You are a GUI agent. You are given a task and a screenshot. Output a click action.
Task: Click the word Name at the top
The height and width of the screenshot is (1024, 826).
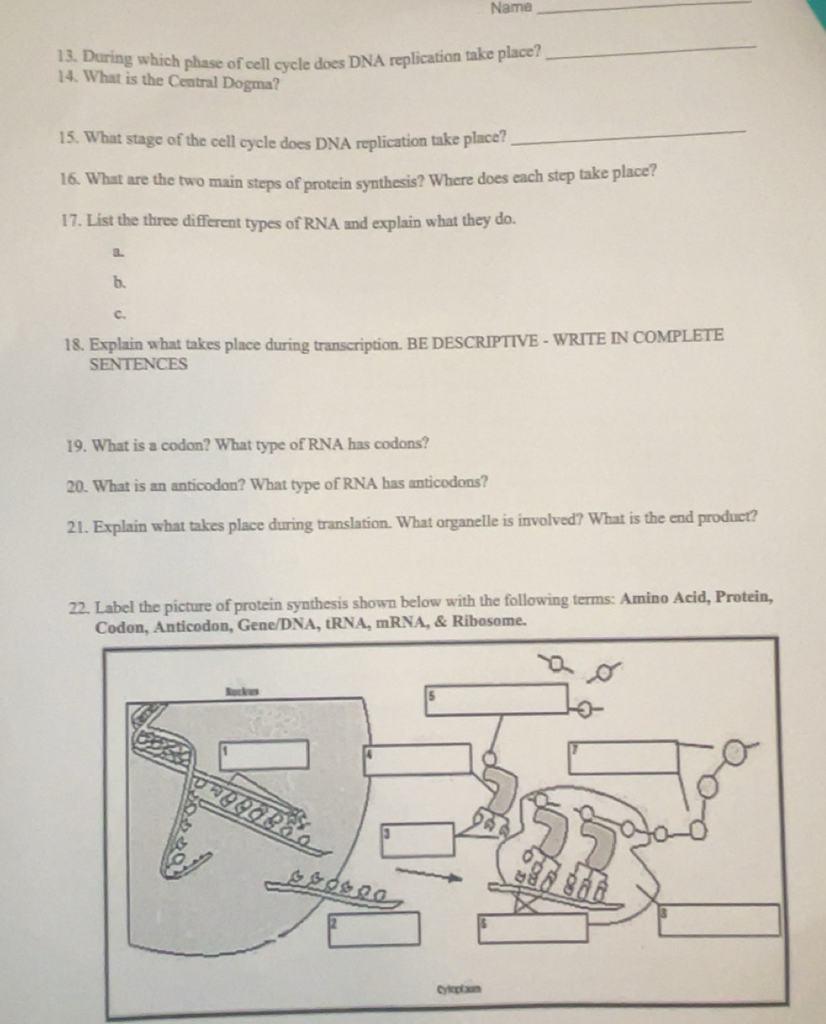click(x=512, y=8)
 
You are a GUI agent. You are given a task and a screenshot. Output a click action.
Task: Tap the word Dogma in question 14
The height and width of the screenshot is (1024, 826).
click(x=252, y=83)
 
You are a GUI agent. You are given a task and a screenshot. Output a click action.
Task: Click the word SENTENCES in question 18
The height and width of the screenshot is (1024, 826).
click(x=138, y=365)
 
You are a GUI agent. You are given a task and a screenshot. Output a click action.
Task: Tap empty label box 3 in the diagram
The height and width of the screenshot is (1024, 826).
click(x=419, y=839)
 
